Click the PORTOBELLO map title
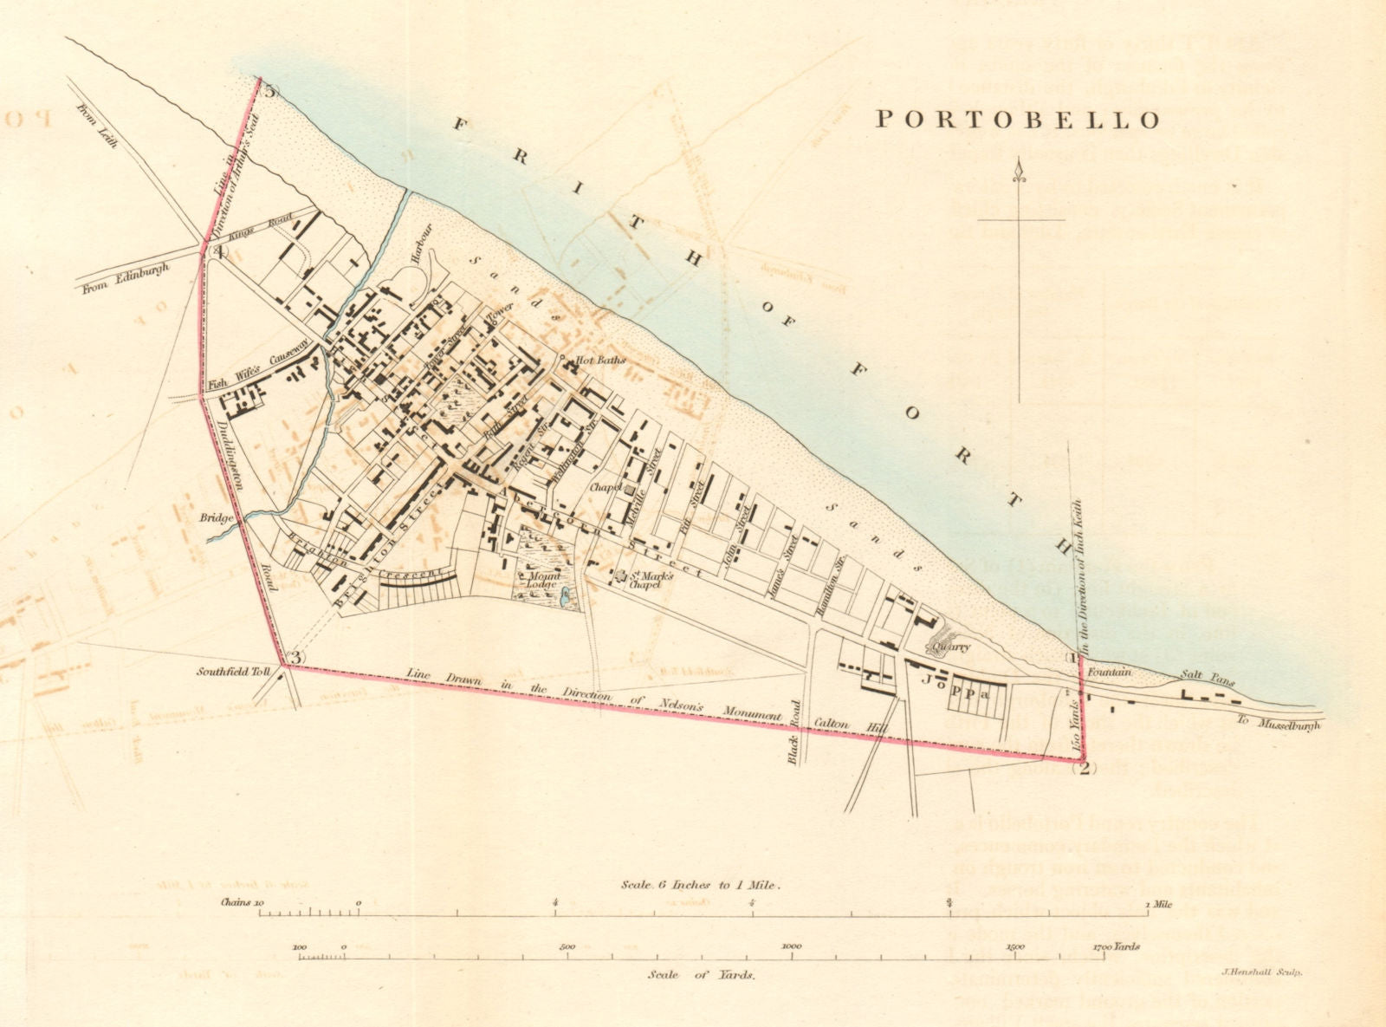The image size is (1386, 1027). point(1017,120)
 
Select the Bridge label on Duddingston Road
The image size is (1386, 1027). point(216,518)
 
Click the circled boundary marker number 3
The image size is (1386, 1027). point(295,658)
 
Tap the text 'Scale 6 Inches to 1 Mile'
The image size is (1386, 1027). point(702,886)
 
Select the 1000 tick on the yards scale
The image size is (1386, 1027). point(791,947)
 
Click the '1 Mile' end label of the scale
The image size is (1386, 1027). point(1159,904)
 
